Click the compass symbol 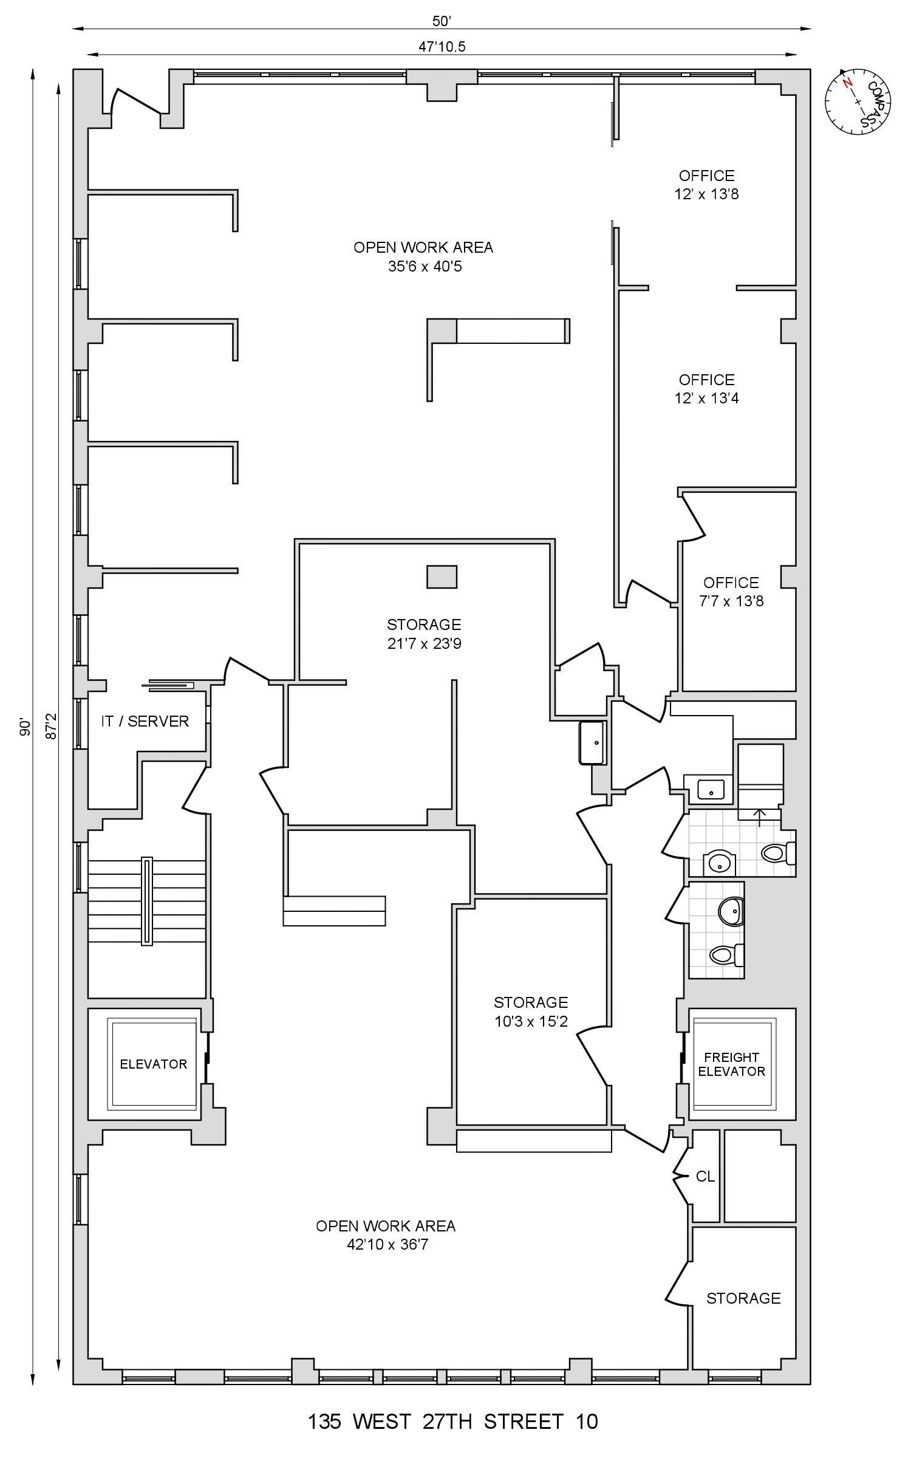(x=857, y=103)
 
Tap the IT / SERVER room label (x=145, y=721)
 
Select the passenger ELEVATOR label (x=153, y=1064)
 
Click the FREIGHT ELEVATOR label (x=731, y=1064)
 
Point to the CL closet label (x=705, y=1177)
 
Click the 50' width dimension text (x=442, y=21)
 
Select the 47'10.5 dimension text (x=442, y=47)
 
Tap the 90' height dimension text (x=25, y=727)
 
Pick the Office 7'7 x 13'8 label (x=731, y=592)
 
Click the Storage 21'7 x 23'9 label (x=424, y=634)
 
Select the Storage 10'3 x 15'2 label (x=530, y=1011)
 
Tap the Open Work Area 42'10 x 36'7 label (x=386, y=1235)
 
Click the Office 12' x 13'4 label (x=706, y=389)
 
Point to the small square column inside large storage (x=442, y=577)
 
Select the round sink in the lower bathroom (x=731, y=911)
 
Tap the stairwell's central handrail (x=146, y=901)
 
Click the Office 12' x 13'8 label (x=706, y=185)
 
